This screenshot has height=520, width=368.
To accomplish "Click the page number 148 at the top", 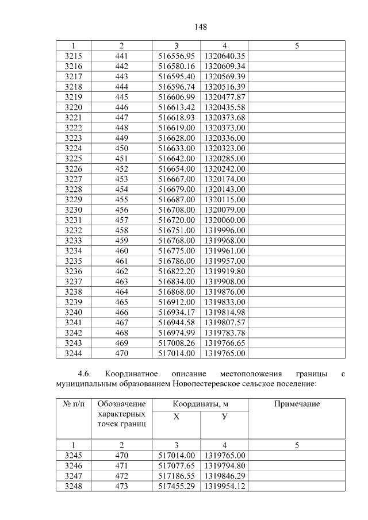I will [200, 27].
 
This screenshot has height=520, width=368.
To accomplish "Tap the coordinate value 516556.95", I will [177, 56].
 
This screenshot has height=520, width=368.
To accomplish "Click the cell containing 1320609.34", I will [224, 66].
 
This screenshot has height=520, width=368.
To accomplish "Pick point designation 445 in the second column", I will [121, 97].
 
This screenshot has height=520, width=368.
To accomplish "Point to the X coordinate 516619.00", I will [177, 128].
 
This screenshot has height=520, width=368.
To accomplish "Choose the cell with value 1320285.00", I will [224, 158].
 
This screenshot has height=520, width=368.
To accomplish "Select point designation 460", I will [121, 251].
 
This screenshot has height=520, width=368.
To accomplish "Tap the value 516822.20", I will [177, 271].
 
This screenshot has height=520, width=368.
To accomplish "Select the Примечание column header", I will [297, 404].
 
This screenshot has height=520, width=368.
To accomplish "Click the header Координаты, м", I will [200, 404].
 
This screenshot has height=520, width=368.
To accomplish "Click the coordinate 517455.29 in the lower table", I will [177, 486].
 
